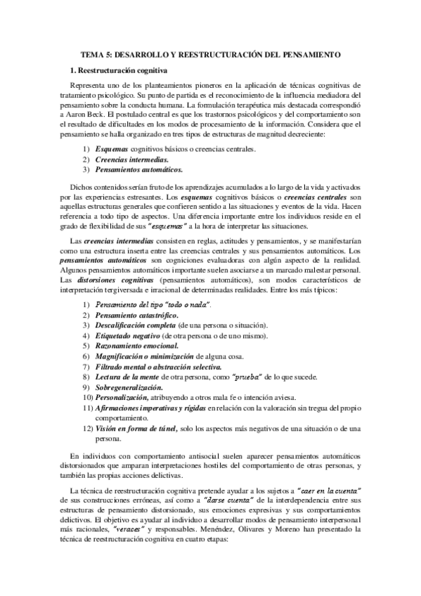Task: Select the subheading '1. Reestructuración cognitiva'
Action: point(124,71)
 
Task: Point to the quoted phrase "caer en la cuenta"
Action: point(329,489)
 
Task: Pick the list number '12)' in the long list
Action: point(88,428)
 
